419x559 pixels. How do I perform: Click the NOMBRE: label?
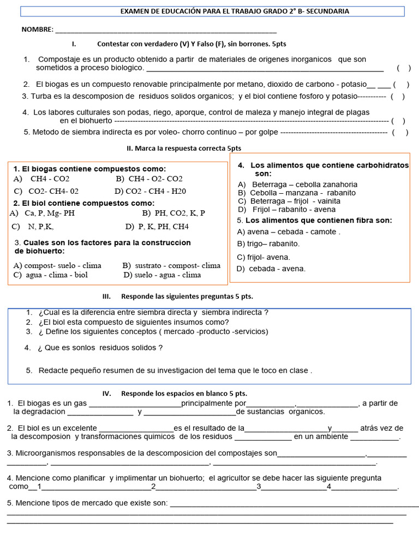(37, 29)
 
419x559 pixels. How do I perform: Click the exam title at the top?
(235, 11)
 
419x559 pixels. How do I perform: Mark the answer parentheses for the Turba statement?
(398, 97)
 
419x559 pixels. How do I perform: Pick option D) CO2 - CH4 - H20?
(150, 191)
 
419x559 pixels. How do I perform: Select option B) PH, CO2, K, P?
(173, 213)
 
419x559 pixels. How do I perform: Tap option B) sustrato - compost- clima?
(171, 266)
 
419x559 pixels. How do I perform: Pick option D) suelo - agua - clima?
(162, 275)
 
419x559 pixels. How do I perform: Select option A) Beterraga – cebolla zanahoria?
(297, 185)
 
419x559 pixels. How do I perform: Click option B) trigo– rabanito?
(268, 243)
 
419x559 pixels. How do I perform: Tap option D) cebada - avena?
(271, 269)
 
